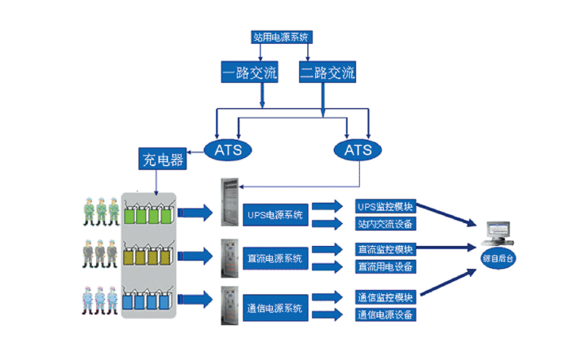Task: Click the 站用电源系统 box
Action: pyautogui.click(x=282, y=37)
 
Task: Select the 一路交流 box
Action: pyautogui.click(x=249, y=74)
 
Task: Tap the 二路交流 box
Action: pyautogui.click(x=327, y=74)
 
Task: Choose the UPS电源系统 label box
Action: pyautogui.click(x=274, y=216)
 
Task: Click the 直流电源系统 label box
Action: pyautogui.click(x=274, y=259)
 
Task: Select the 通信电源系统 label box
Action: pyautogui.click(x=274, y=308)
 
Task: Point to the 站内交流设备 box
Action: pyautogui.click(x=385, y=224)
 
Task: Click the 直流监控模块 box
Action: pyautogui.click(x=385, y=249)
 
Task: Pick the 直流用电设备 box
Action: pyautogui.click(x=385, y=266)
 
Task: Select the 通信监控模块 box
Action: pyautogui.click(x=385, y=297)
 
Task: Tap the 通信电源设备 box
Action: pyautogui.click(x=385, y=314)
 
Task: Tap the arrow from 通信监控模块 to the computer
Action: pyautogui.click(x=448, y=283)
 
